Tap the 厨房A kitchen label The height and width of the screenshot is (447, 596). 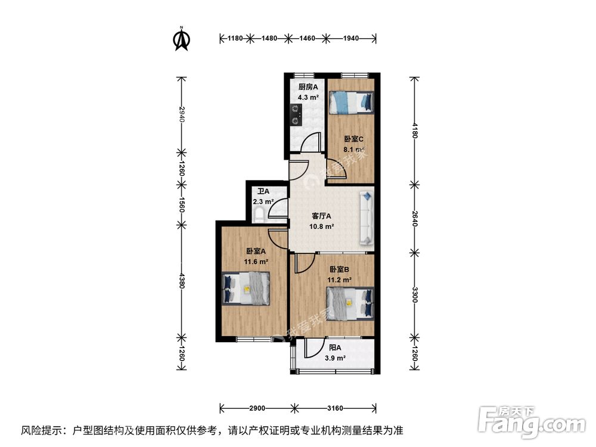coord(308,87)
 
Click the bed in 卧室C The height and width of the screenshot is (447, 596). coord(352,102)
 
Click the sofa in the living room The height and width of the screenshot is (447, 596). coord(366,218)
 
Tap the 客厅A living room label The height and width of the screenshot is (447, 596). coord(322,216)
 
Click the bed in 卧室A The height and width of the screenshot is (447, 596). coord(246,288)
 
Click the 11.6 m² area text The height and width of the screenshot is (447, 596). coord(255,261)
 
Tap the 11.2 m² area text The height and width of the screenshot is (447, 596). coord(339,279)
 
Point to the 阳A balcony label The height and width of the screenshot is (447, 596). coord(334,348)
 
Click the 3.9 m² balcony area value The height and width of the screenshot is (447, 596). coord(335,358)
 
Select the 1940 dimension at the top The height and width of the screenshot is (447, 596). coord(350,38)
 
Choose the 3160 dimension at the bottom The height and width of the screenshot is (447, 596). coord(335,408)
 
